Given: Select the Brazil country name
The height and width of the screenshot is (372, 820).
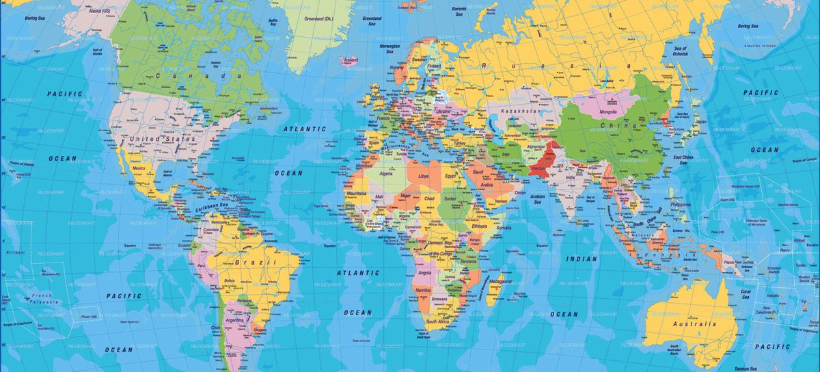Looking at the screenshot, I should [254, 263].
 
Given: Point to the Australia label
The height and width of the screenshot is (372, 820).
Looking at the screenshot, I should [697, 323].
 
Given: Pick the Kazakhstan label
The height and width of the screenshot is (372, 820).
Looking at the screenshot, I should [521, 111].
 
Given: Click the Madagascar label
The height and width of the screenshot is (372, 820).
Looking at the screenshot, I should [501, 282].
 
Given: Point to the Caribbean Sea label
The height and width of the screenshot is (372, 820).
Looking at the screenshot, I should [213, 207].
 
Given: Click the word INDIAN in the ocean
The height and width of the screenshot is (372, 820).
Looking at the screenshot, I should [582, 259].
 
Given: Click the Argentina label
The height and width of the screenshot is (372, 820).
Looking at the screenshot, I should [234, 320].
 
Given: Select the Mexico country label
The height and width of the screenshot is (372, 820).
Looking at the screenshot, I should [139, 168].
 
